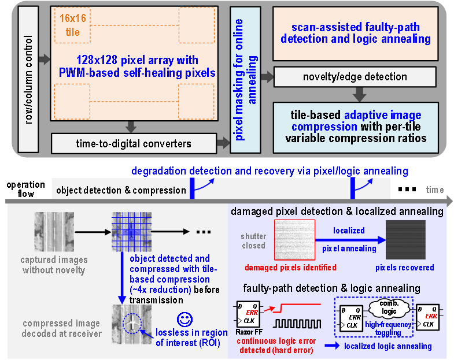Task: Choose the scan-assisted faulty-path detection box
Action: click(355, 34)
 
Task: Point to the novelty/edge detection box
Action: click(355, 77)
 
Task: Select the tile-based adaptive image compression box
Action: click(355, 127)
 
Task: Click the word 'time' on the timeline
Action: click(434, 190)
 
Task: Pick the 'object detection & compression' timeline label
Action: click(121, 190)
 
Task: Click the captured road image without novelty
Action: click(46, 232)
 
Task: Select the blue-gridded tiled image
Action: click(131, 232)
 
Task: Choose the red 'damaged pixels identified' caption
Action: click(290, 268)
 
